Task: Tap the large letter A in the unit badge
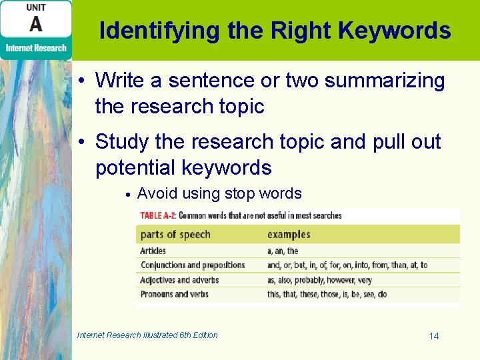click(35, 25)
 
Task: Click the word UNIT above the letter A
click(36, 7)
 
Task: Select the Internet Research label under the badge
click(36, 47)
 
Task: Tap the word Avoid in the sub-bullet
click(155, 194)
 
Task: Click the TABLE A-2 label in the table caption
click(157, 215)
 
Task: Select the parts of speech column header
click(175, 235)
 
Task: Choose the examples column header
click(289, 235)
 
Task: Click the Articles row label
click(153, 251)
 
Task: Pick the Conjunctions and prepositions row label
click(192, 265)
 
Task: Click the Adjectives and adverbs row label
click(179, 280)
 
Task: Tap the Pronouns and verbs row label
click(174, 294)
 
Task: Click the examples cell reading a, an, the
click(283, 251)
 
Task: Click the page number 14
click(434, 336)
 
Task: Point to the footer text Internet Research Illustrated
click(147, 335)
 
